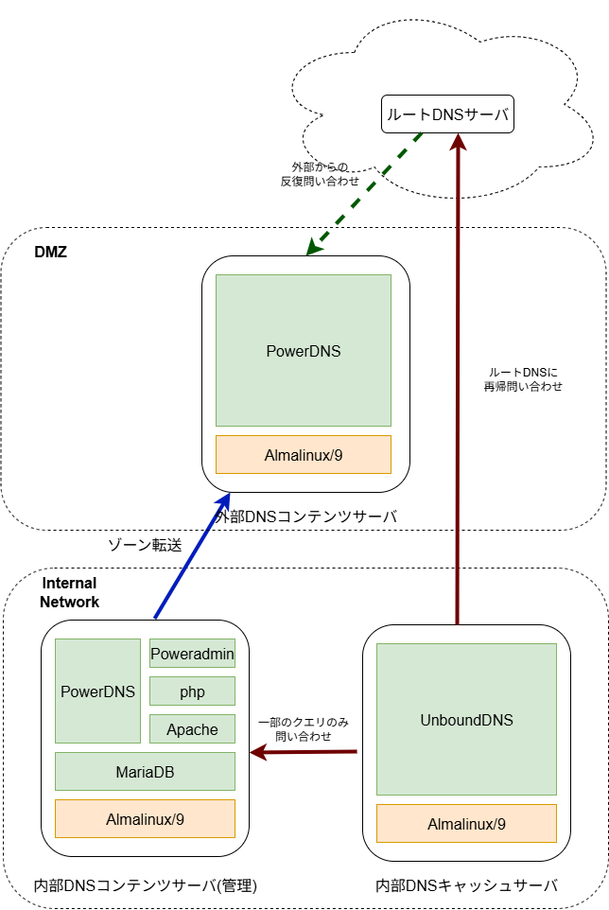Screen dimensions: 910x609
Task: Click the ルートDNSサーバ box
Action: point(447,114)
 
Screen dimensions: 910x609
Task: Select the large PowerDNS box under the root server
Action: point(303,351)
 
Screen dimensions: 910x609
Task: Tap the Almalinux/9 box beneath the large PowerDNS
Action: point(303,455)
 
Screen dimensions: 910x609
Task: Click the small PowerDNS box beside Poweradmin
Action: point(97,691)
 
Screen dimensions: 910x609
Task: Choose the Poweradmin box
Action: point(192,654)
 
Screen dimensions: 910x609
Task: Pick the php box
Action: point(192,691)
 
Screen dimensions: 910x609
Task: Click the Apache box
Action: point(192,729)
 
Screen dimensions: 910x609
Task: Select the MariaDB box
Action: point(145,772)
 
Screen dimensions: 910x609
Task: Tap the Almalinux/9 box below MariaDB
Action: point(145,819)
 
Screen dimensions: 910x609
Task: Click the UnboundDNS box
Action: point(466,720)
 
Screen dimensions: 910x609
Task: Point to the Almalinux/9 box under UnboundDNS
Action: point(466,824)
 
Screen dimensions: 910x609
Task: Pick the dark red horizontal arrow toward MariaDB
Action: point(312,752)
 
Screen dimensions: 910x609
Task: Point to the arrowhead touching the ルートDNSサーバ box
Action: point(458,142)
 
